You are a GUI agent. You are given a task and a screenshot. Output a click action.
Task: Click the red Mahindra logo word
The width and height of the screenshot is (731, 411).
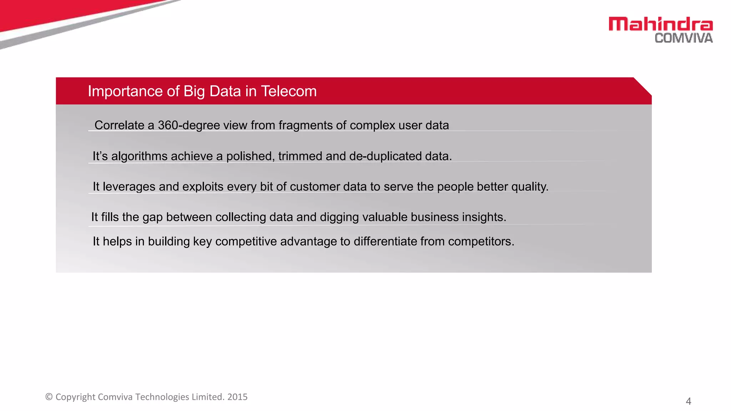pyautogui.click(x=660, y=24)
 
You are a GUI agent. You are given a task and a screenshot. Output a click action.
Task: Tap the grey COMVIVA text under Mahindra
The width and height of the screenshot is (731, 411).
pyautogui.click(x=684, y=38)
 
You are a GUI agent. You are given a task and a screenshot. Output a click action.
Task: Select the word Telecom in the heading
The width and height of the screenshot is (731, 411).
pyautogui.click(x=289, y=91)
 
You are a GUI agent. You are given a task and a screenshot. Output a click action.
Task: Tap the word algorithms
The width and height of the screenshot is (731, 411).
pyautogui.click(x=139, y=156)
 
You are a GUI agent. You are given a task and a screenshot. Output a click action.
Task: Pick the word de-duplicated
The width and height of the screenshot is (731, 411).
pyautogui.click(x=385, y=156)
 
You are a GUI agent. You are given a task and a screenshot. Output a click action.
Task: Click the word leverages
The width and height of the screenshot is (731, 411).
pyautogui.click(x=129, y=187)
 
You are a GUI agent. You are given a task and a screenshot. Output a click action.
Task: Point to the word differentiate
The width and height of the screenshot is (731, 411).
pyautogui.click(x=385, y=242)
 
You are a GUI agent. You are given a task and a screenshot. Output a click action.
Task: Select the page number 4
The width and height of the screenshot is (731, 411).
pyautogui.click(x=688, y=401)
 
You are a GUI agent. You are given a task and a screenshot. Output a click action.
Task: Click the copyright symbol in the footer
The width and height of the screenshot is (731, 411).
pyautogui.click(x=49, y=397)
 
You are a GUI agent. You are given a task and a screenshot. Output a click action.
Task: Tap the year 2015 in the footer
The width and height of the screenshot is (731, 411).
pyautogui.click(x=237, y=397)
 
